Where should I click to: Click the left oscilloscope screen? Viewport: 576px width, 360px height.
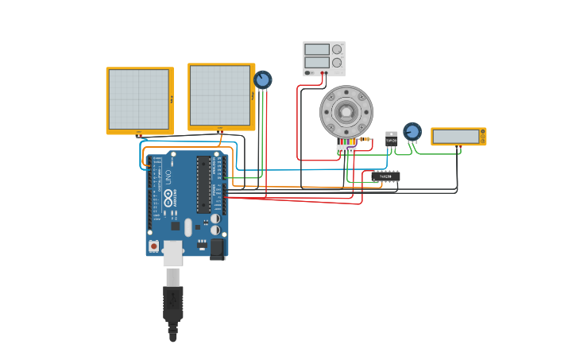coord(139,99)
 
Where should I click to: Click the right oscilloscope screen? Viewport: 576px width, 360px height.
coord(220,95)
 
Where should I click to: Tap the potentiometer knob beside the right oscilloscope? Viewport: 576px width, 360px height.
coord(262,79)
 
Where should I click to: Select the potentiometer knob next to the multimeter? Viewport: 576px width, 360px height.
coord(412,130)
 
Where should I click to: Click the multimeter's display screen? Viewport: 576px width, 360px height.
coord(456,137)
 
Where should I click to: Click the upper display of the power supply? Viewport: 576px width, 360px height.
coord(316,49)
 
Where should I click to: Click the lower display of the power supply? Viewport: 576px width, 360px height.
coord(316,62)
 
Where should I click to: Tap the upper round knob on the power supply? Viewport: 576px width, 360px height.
coord(337,48)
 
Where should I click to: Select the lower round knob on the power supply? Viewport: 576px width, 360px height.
coord(337,62)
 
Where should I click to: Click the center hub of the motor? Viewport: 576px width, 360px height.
coord(346,111)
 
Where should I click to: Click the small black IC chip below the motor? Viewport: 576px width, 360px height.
coord(385,176)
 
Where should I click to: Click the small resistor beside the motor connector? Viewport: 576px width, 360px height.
coord(365,139)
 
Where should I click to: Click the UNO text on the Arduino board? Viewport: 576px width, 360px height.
coord(168,177)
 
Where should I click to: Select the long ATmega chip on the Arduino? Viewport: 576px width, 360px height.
coord(203,184)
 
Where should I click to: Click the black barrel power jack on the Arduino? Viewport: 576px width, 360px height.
coord(217,249)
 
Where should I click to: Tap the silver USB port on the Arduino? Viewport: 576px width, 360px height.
coord(172,254)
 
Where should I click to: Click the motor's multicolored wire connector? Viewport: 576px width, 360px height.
coord(346,148)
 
